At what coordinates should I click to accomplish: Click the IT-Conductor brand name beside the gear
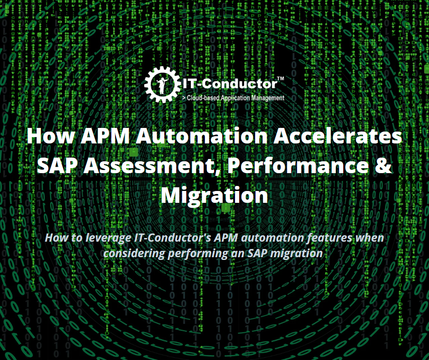230,84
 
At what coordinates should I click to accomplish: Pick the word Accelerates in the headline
338,136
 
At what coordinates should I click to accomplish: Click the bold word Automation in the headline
202,136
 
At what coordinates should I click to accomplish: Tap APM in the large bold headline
105,136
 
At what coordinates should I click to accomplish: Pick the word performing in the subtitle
198,254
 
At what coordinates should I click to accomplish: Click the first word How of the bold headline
51,136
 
